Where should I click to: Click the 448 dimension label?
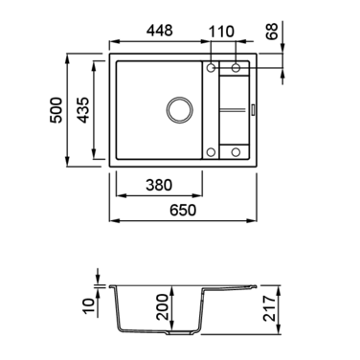(x=160, y=31)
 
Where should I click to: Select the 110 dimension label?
(x=221, y=32)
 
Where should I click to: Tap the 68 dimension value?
(x=272, y=31)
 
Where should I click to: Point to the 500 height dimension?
(x=56, y=110)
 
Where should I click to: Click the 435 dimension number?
(x=83, y=110)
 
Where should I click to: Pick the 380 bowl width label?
(x=159, y=185)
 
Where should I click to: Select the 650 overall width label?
(x=183, y=211)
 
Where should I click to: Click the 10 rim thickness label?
(x=89, y=306)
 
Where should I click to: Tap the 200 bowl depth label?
(x=162, y=307)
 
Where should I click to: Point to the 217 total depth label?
(x=269, y=308)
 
